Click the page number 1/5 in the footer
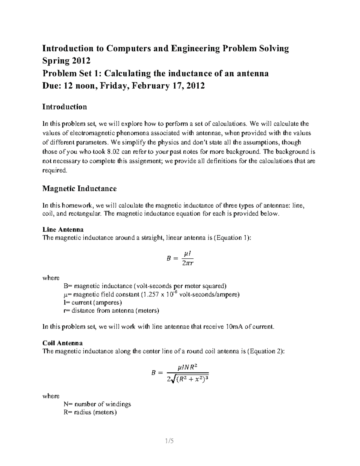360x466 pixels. tap(169, 441)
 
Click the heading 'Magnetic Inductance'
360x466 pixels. tap(79, 189)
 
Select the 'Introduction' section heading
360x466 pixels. tap(64, 107)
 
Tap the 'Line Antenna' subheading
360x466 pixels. tap(63, 230)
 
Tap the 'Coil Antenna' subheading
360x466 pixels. tap(62, 343)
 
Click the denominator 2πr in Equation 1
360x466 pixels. tap(187, 263)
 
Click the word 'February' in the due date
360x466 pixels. tap(150, 86)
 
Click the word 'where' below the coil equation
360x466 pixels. tap(51, 396)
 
